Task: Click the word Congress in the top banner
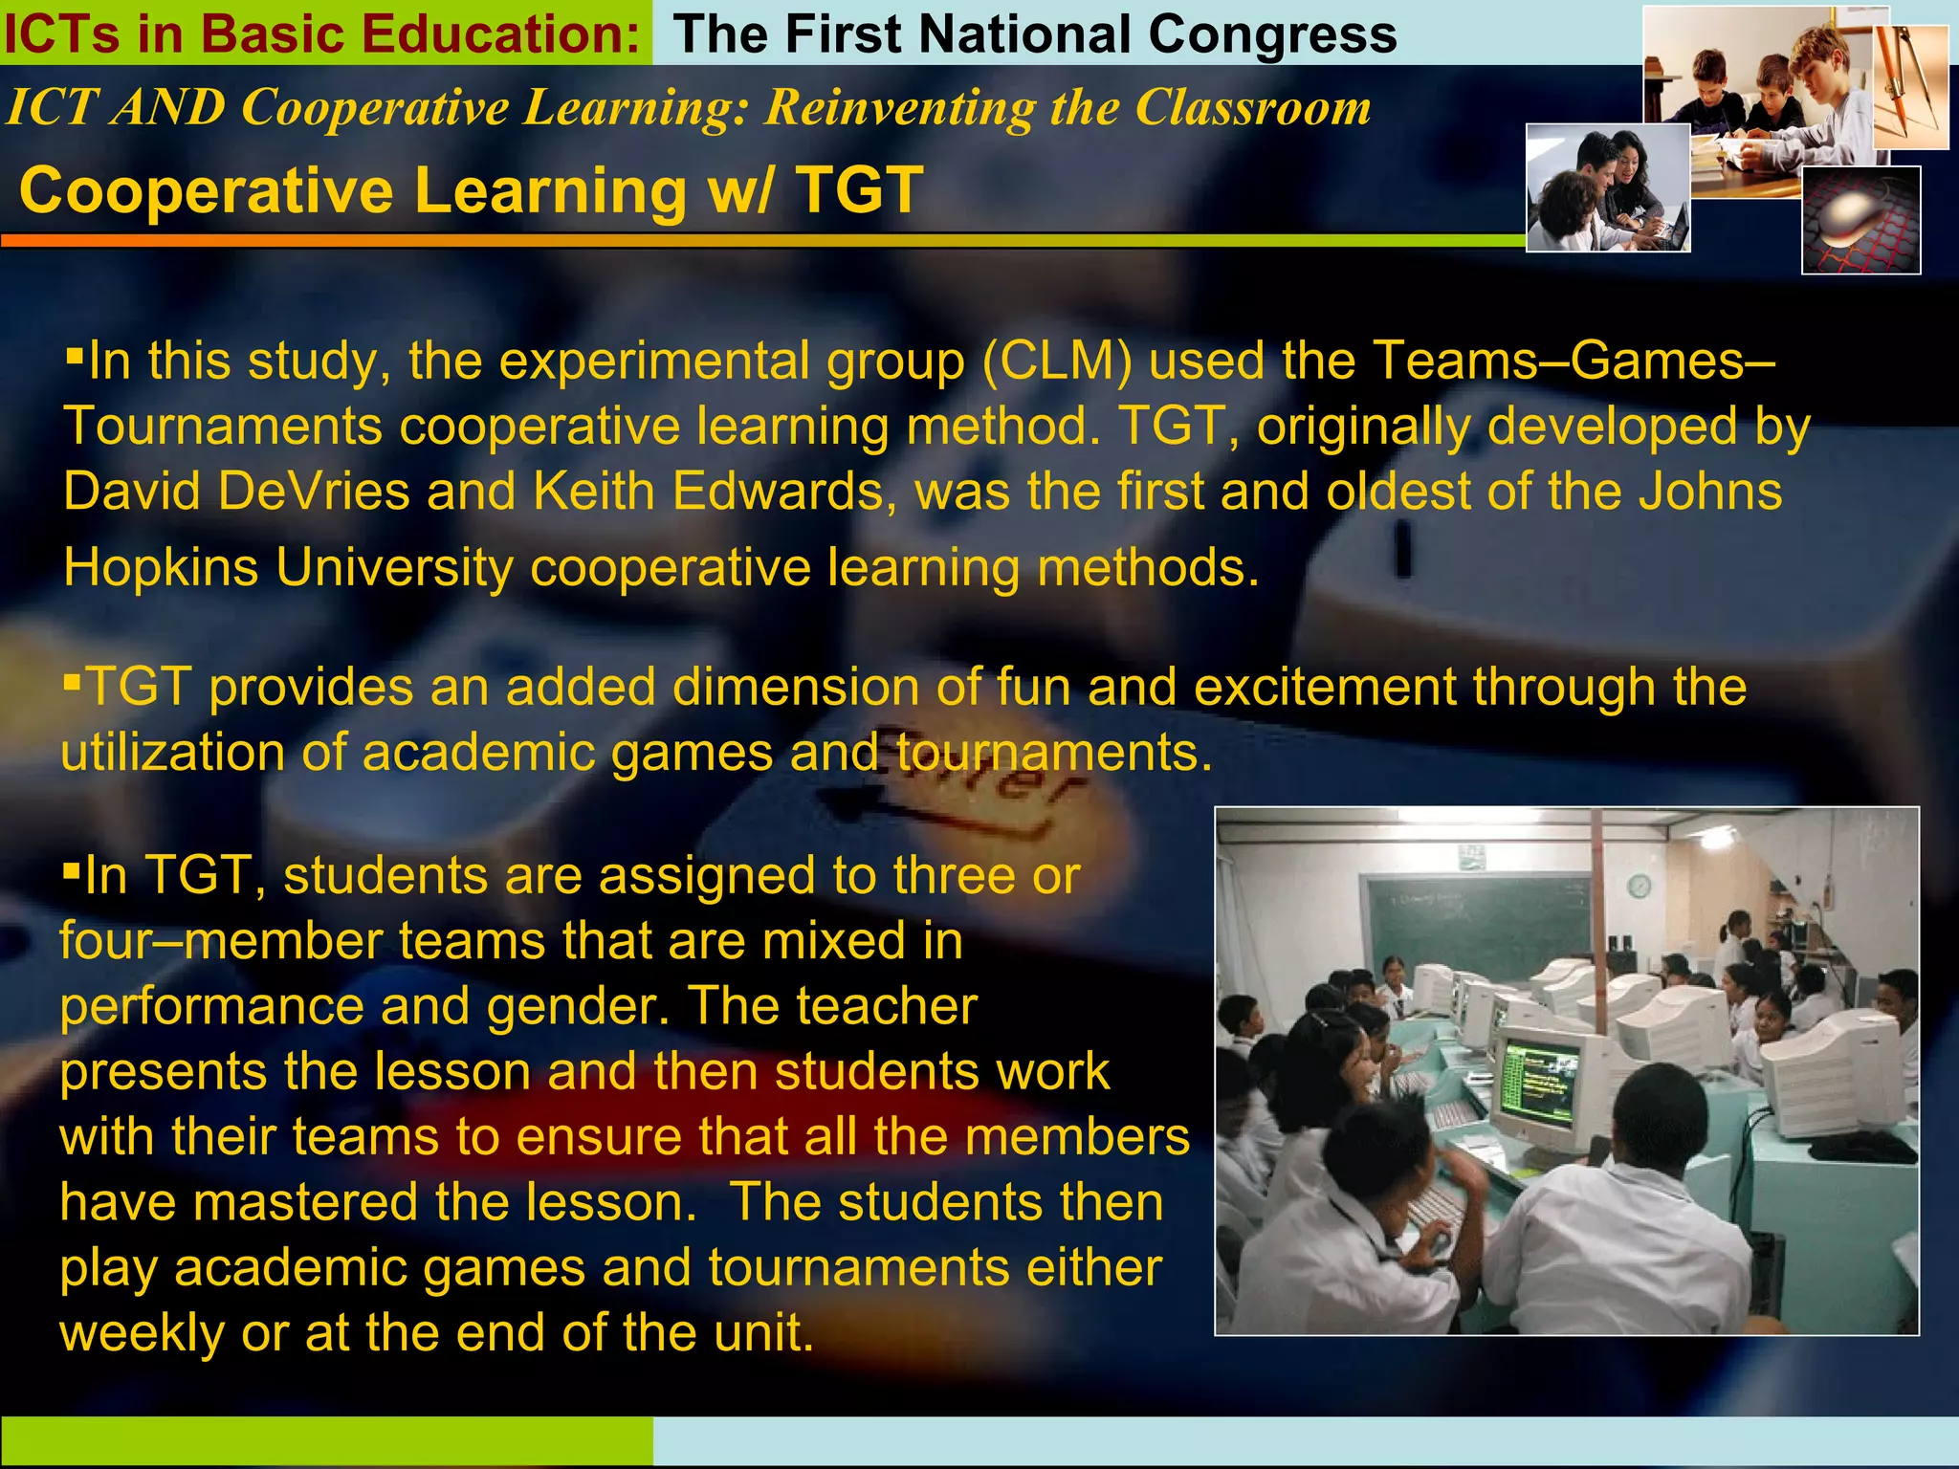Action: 1272,35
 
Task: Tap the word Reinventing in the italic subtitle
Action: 898,107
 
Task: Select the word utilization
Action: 172,753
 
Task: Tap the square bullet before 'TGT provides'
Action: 72,682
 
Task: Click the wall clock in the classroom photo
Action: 1639,887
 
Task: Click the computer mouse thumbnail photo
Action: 1860,220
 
